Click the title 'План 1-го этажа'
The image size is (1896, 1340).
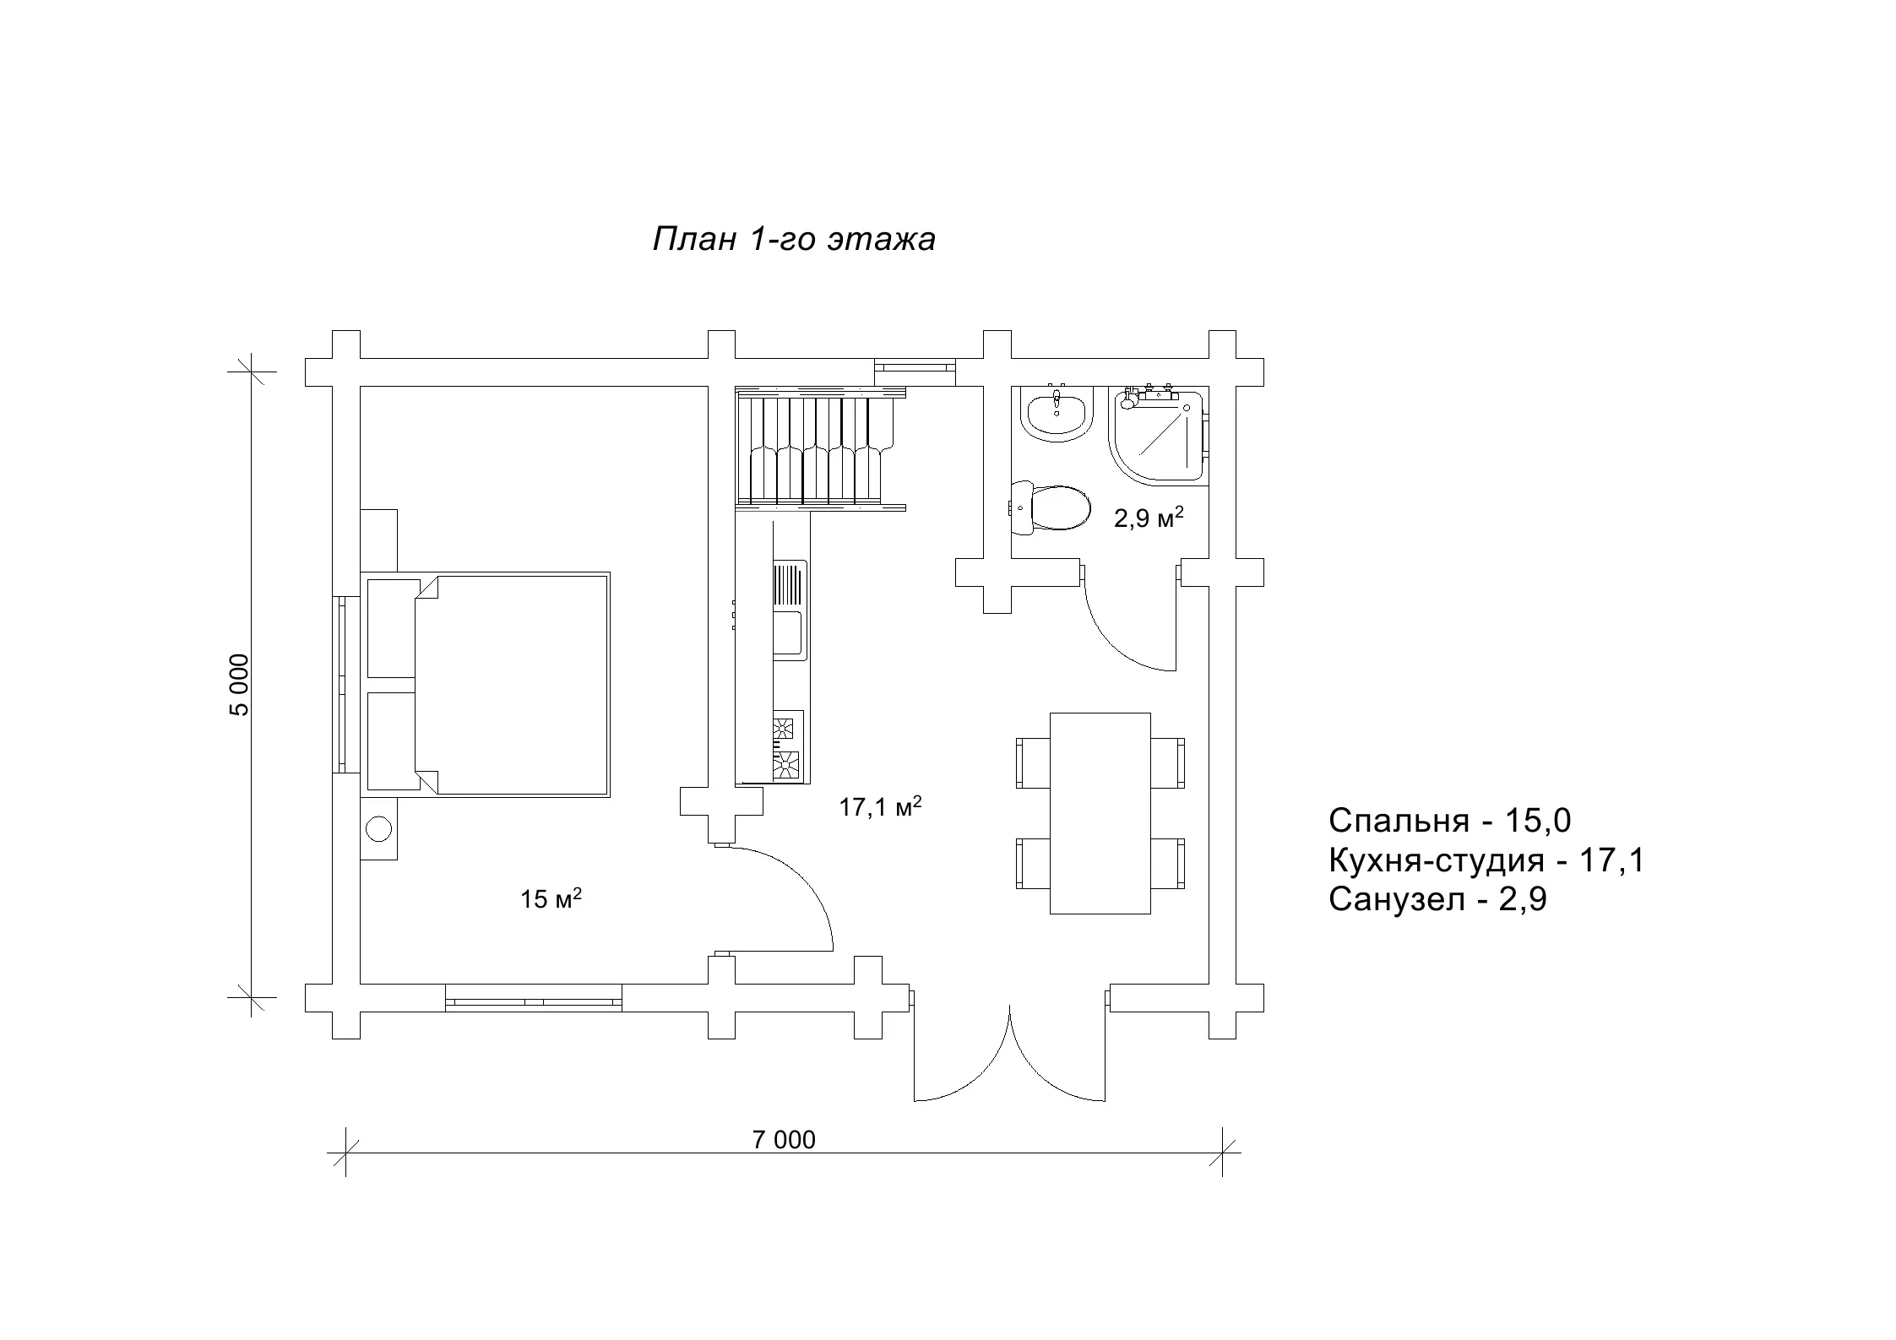pos(794,240)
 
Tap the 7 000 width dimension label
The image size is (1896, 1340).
pos(784,1140)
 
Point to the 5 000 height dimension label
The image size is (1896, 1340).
pos(240,685)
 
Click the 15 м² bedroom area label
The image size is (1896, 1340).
pos(551,898)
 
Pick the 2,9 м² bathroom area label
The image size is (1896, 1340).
pos(1149,517)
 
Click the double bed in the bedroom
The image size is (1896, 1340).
pos(485,685)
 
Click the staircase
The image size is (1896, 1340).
pos(820,448)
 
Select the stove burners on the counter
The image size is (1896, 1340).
pos(786,746)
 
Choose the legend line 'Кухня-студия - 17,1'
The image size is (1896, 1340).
pos(1486,860)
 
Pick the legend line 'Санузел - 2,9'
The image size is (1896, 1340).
pos(1437,900)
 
